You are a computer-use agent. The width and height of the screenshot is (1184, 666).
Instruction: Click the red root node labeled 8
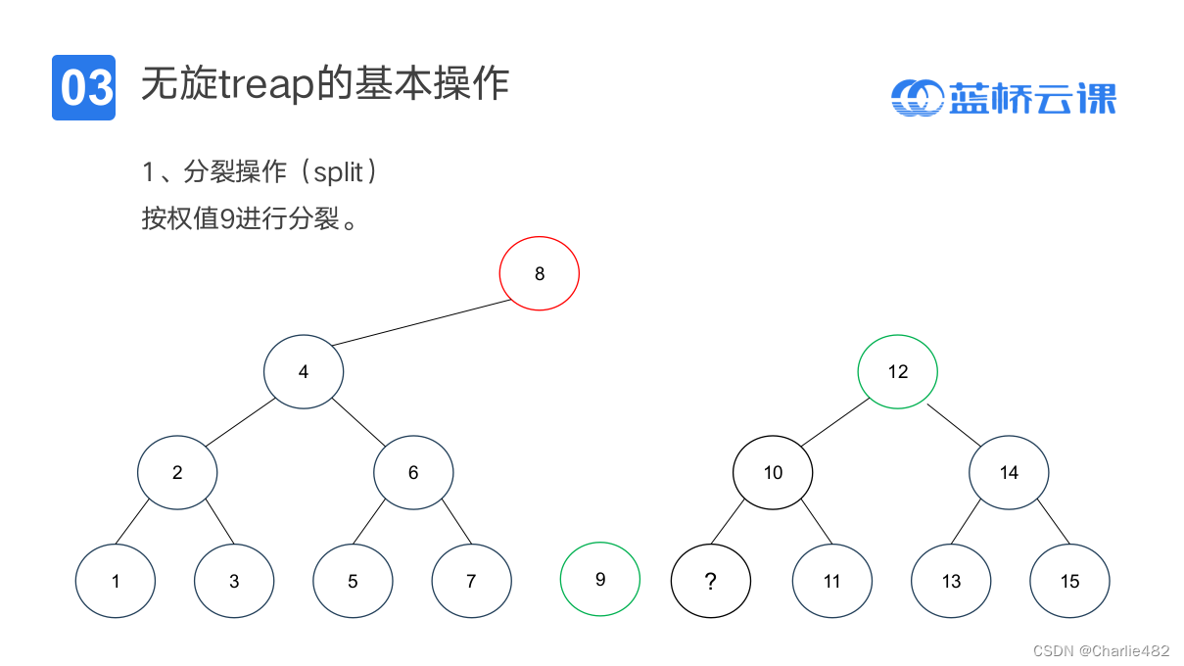pyautogui.click(x=540, y=273)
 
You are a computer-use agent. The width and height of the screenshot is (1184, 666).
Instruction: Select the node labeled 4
pyautogui.click(x=304, y=372)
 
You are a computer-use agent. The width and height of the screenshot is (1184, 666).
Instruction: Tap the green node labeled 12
pyautogui.click(x=898, y=371)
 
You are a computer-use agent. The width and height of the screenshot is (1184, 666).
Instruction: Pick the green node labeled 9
pyautogui.click(x=600, y=579)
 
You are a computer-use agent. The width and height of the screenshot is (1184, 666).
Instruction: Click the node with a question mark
pyautogui.click(x=711, y=581)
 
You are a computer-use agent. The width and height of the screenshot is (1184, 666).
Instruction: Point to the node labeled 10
pyautogui.click(x=773, y=473)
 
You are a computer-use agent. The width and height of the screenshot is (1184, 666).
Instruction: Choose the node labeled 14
pyautogui.click(x=1009, y=473)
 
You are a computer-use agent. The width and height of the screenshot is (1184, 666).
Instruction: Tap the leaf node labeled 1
pyautogui.click(x=116, y=581)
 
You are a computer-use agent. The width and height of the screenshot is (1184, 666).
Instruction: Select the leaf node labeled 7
pyautogui.click(x=471, y=581)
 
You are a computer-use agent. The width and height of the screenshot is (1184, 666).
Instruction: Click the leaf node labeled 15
pyautogui.click(x=1069, y=581)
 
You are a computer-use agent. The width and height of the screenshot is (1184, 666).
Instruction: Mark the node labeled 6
pyautogui.click(x=413, y=473)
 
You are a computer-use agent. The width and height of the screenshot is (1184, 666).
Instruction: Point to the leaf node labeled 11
pyautogui.click(x=831, y=581)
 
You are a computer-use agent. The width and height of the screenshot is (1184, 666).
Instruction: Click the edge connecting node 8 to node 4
pyautogui.click(x=421, y=322)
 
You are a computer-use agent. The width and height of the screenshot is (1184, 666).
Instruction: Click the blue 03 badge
pyautogui.click(x=83, y=88)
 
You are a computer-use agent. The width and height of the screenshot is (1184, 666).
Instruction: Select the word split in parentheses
pyautogui.click(x=339, y=173)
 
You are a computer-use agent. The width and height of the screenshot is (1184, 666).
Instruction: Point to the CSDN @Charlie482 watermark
pyautogui.click(x=1101, y=650)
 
